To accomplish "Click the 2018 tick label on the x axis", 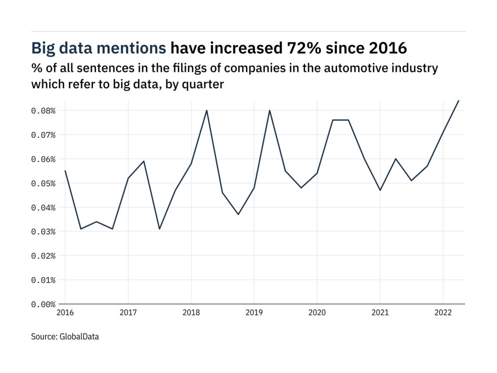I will click(191, 312).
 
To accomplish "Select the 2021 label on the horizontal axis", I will click(380, 312).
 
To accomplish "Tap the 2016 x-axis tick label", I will click(65, 312).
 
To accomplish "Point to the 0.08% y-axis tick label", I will click(44, 110).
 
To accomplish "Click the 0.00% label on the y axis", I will click(44, 304).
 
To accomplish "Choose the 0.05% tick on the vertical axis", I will click(44, 183).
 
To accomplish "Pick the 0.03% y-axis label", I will click(44, 232).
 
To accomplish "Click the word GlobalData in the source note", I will click(79, 336).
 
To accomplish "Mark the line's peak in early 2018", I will click(207, 110).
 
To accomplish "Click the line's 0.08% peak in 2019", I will click(270, 110).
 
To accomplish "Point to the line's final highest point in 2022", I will click(459, 101).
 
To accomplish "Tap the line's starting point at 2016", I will click(65, 170).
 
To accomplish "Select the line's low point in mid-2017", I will click(160, 229).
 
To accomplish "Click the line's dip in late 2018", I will click(238, 214).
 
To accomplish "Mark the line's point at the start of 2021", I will click(380, 190).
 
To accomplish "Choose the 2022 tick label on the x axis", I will click(443, 312).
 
